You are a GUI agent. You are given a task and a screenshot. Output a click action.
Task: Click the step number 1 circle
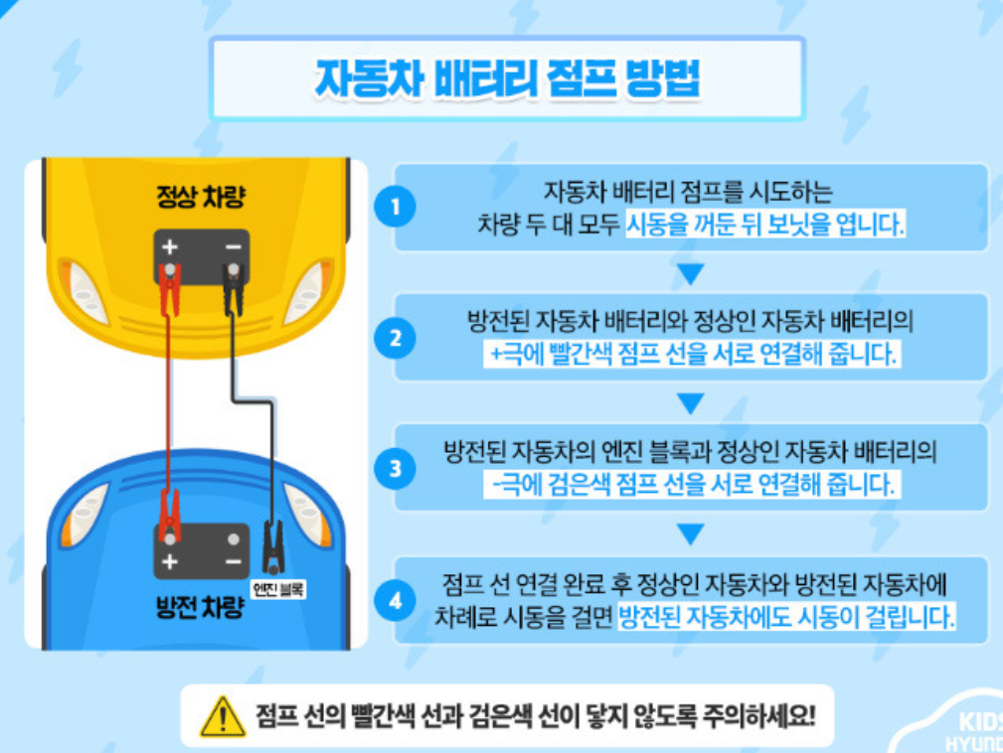pyautogui.click(x=396, y=208)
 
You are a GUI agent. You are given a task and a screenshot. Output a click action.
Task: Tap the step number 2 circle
pyautogui.click(x=396, y=338)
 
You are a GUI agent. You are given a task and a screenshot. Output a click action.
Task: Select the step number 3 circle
pyautogui.click(x=396, y=469)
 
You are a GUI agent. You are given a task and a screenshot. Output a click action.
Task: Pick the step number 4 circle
pyautogui.click(x=396, y=600)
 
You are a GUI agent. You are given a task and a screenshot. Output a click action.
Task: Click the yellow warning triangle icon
pyautogui.click(x=223, y=715)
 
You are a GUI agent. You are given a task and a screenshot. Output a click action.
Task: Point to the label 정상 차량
pyautogui.click(x=200, y=197)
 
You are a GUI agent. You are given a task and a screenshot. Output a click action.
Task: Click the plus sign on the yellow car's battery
pyautogui.click(x=170, y=245)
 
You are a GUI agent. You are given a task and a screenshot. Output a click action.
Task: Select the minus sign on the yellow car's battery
pyautogui.click(x=233, y=245)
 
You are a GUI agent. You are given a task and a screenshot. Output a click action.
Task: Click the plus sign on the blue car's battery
pyautogui.click(x=170, y=563)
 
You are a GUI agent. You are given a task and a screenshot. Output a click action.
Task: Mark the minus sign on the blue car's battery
pyautogui.click(x=233, y=563)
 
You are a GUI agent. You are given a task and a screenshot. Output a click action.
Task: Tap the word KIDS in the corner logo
pyautogui.click(x=979, y=723)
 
